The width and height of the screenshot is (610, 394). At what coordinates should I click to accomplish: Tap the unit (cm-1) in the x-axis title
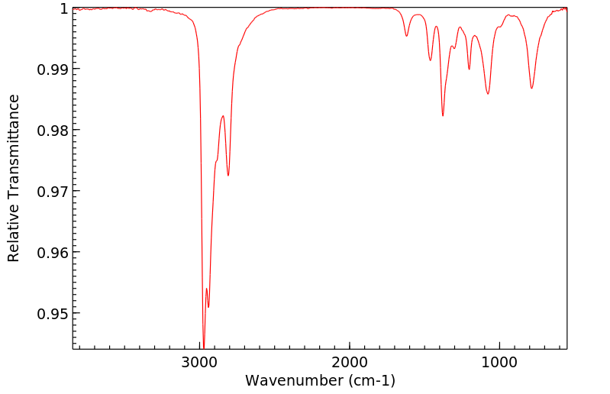pos(370,379)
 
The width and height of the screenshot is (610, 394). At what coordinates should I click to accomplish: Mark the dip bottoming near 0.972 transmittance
pos(228,176)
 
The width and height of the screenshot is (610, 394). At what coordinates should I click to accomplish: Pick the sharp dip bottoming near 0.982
pos(443,115)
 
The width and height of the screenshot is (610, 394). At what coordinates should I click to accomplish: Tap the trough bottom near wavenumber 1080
pos(488,94)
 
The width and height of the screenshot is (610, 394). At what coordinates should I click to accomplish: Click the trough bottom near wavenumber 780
pos(532,88)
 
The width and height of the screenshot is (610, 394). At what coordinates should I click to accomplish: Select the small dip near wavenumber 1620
pos(407,36)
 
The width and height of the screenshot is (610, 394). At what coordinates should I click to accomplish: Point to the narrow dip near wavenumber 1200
pos(470,69)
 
